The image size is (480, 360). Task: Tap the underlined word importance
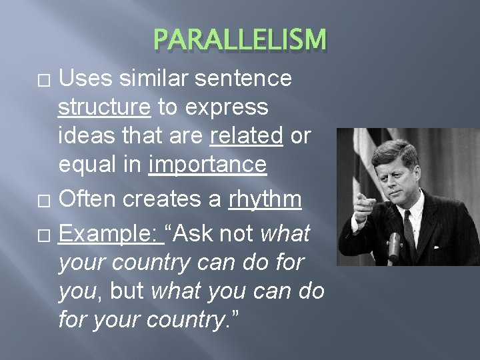click(207, 164)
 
